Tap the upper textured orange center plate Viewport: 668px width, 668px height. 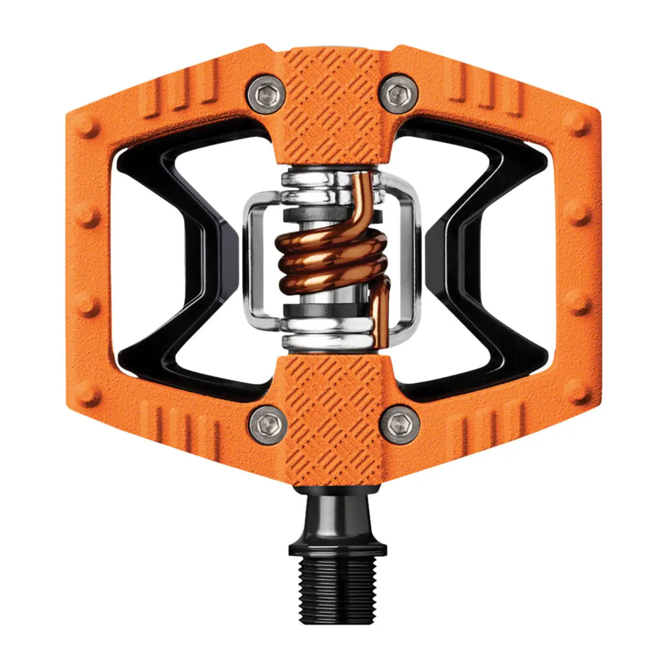[x=334, y=110]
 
